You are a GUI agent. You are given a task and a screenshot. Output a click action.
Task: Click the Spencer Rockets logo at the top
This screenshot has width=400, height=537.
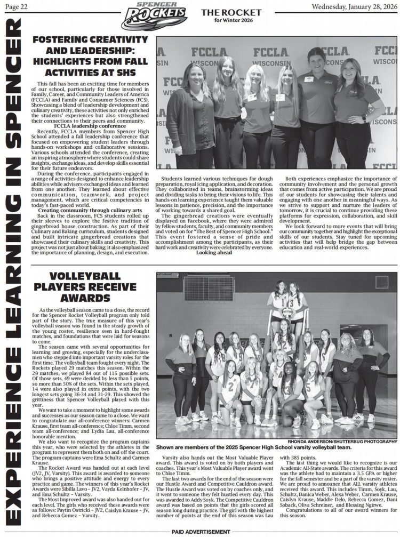click(154, 16)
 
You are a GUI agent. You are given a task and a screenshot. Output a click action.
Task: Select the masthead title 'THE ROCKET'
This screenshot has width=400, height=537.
click(224, 12)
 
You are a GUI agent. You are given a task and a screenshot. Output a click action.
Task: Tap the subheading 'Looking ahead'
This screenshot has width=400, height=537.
click(214, 253)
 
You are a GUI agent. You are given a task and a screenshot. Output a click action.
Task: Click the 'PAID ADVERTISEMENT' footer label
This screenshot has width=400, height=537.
click(201, 533)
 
